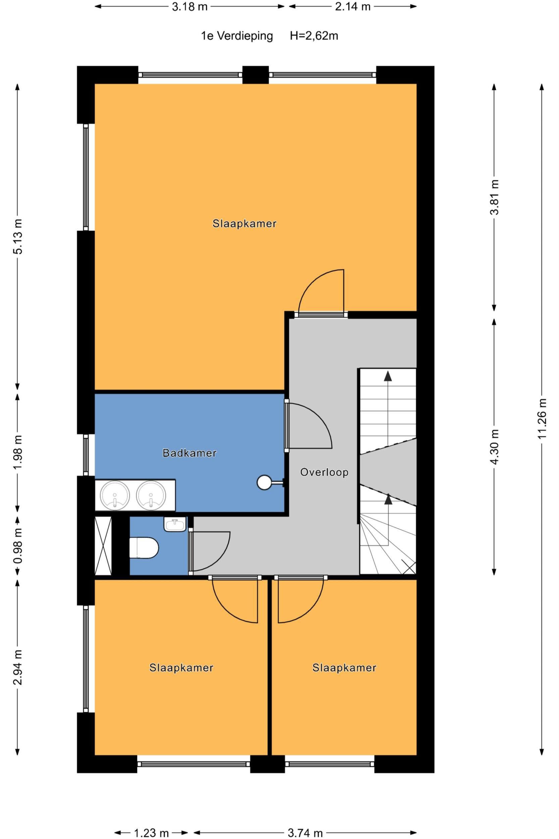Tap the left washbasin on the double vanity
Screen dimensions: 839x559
[x=115, y=496]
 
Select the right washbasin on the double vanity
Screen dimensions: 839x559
[x=151, y=496]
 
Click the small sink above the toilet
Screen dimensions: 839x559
[x=175, y=524]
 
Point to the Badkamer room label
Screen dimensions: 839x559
[x=189, y=453]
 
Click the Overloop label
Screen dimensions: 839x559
[x=324, y=473]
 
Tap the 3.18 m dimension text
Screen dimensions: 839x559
[x=190, y=7]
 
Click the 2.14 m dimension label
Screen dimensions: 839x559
[x=353, y=7]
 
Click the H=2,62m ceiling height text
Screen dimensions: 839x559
[x=314, y=36]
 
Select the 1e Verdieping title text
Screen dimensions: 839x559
[x=237, y=36]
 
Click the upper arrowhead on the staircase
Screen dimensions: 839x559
[x=388, y=376]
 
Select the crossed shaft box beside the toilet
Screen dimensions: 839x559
[x=103, y=546]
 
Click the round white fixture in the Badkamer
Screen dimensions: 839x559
[x=264, y=483]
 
